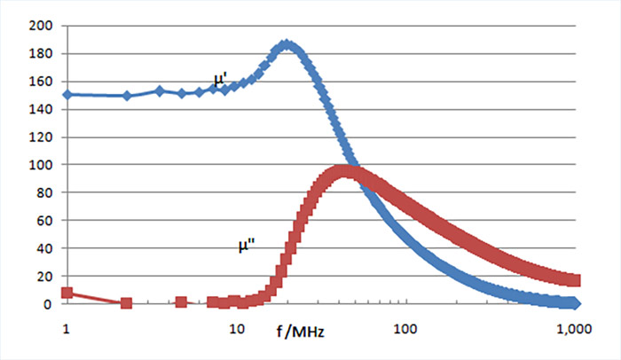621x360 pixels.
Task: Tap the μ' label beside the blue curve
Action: pyautogui.click(x=220, y=81)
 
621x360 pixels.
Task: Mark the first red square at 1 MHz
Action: pyautogui.click(x=67, y=293)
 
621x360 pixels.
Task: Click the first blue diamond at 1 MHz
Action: pyautogui.click(x=67, y=94)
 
